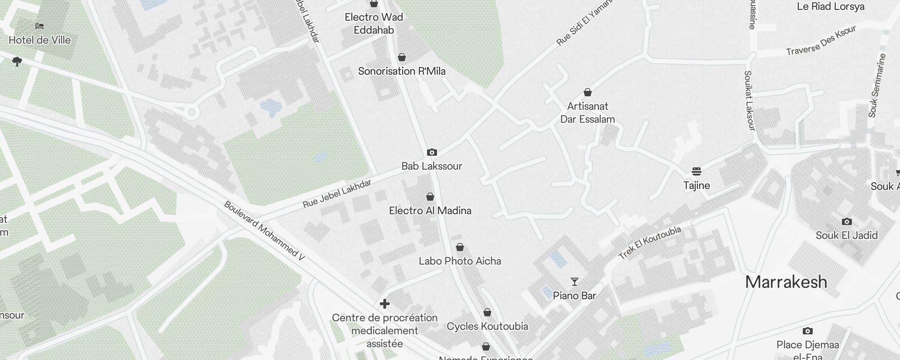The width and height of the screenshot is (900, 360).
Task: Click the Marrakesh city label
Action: [786, 282]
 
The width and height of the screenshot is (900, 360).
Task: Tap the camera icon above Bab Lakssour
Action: [432, 153]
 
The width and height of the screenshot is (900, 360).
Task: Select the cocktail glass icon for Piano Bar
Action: [575, 282]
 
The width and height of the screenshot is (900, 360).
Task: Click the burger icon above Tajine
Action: [697, 171]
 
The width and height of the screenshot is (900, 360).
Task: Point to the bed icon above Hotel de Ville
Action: [40, 26]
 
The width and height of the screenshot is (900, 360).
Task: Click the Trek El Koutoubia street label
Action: [650, 243]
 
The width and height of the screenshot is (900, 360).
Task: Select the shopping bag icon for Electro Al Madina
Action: [430, 197]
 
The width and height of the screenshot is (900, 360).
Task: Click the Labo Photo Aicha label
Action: [460, 261]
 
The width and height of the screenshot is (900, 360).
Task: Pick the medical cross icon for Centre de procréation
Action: [385, 304]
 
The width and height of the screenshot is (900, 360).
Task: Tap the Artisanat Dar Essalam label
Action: [587, 112]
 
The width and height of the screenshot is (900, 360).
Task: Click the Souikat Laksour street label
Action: [749, 100]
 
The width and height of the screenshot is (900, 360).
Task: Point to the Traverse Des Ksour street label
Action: [821, 41]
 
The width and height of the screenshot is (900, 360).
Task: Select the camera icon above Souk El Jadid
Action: [847, 221]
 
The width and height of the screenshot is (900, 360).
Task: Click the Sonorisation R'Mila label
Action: [402, 71]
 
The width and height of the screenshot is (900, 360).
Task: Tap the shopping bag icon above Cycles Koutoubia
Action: [487, 312]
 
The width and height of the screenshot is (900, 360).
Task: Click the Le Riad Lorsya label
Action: [831, 7]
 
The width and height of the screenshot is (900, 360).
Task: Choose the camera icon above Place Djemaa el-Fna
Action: [808, 331]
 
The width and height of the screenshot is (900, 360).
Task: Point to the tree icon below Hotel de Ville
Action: [17, 61]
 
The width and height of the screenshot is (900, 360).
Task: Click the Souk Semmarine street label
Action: [877, 85]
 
